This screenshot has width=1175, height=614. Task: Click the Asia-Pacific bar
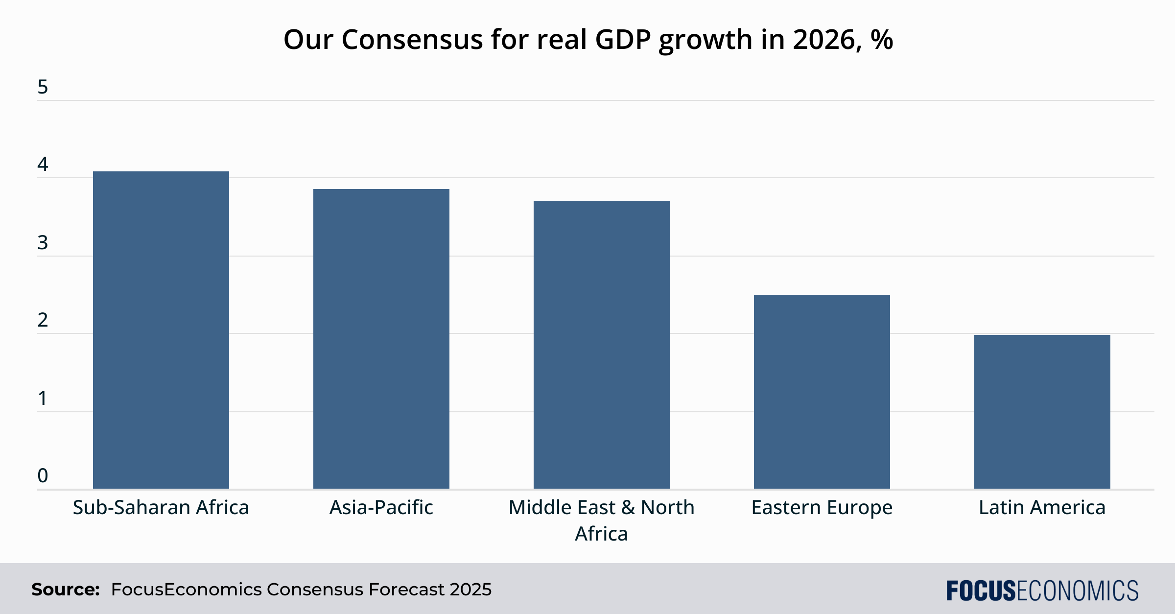(381, 338)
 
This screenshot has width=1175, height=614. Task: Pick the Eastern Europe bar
(822, 391)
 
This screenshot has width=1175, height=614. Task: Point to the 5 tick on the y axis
(43, 87)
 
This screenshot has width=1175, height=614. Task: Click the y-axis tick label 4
(43, 165)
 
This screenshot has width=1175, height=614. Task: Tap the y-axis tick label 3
(43, 242)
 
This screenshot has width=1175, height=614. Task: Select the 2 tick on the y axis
(43, 320)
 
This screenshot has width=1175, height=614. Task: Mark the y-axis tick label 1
(43, 398)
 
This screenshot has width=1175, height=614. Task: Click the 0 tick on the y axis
(43, 475)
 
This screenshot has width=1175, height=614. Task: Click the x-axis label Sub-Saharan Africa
(161, 507)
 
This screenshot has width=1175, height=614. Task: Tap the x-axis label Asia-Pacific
(381, 507)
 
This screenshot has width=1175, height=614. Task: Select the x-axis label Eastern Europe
(822, 507)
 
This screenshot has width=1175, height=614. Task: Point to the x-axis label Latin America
(1042, 507)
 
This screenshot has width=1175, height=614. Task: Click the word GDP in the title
(623, 39)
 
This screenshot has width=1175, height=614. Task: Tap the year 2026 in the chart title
(823, 39)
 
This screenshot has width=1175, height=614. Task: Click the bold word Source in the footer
(65, 590)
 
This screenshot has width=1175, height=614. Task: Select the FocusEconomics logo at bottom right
(1042, 590)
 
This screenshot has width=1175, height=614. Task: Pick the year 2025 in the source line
(470, 590)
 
